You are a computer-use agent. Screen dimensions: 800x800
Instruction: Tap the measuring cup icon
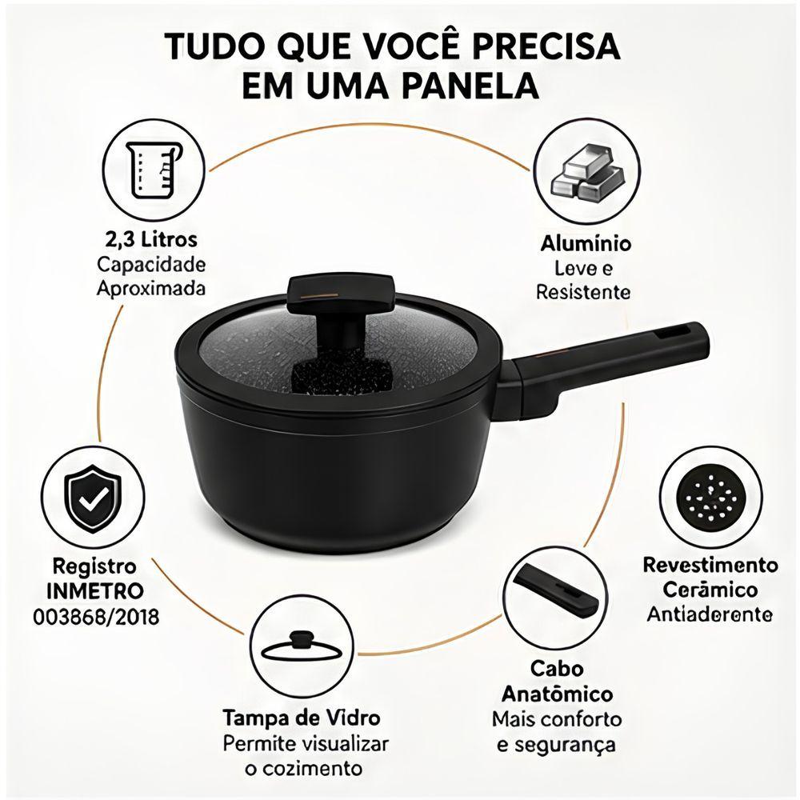[155, 169]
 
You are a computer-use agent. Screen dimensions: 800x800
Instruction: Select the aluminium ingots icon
[586, 172]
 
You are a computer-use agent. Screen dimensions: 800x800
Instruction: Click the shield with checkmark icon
[94, 497]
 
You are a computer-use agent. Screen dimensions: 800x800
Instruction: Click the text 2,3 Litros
[150, 239]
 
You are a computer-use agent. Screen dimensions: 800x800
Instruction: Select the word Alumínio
[586, 243]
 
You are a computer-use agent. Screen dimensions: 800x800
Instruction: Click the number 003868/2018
[97, 617]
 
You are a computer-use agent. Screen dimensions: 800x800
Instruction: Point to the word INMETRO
[95, 592]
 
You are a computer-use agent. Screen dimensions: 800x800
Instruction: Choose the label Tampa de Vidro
[302, 718]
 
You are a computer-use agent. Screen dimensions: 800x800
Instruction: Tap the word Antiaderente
[710, 614]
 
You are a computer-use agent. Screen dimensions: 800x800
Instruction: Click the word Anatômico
[557, 694]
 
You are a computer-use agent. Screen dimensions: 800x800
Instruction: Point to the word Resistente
[583, 292]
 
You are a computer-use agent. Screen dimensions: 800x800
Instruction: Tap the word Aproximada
[151, 289]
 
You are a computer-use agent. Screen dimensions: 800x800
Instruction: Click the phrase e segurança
[556, 745]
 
